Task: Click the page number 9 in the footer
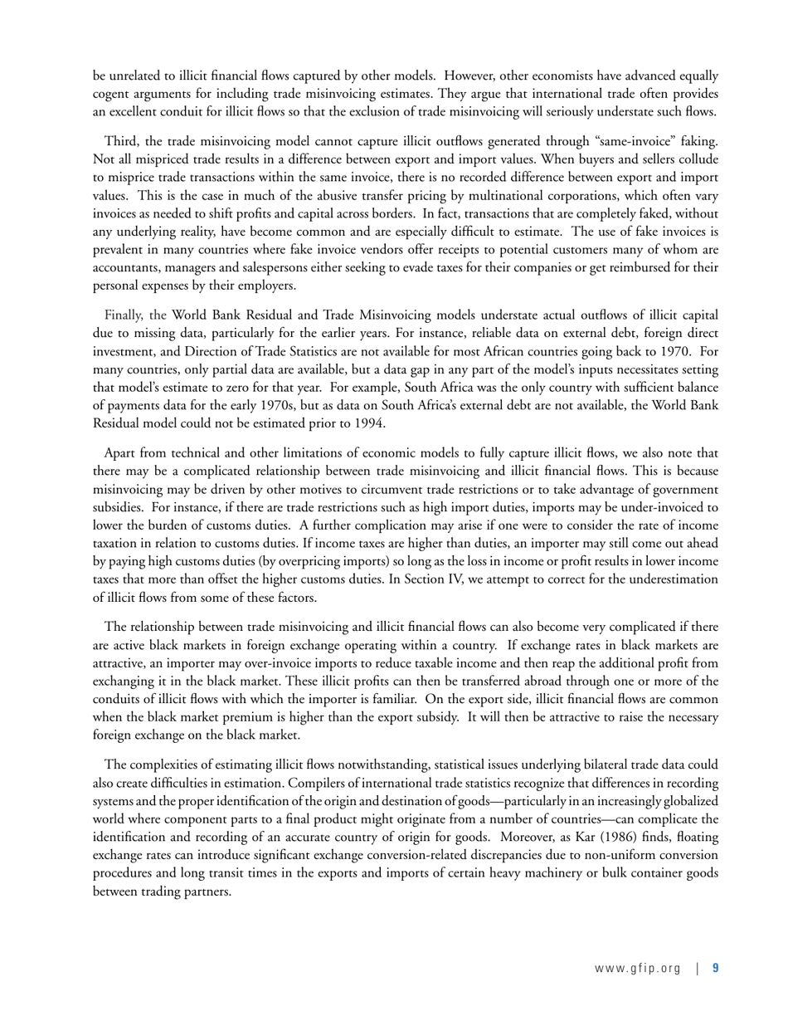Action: tap(715, 967)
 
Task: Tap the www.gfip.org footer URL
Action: tap(637, 967)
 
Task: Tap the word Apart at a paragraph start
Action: tap(122, 452)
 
